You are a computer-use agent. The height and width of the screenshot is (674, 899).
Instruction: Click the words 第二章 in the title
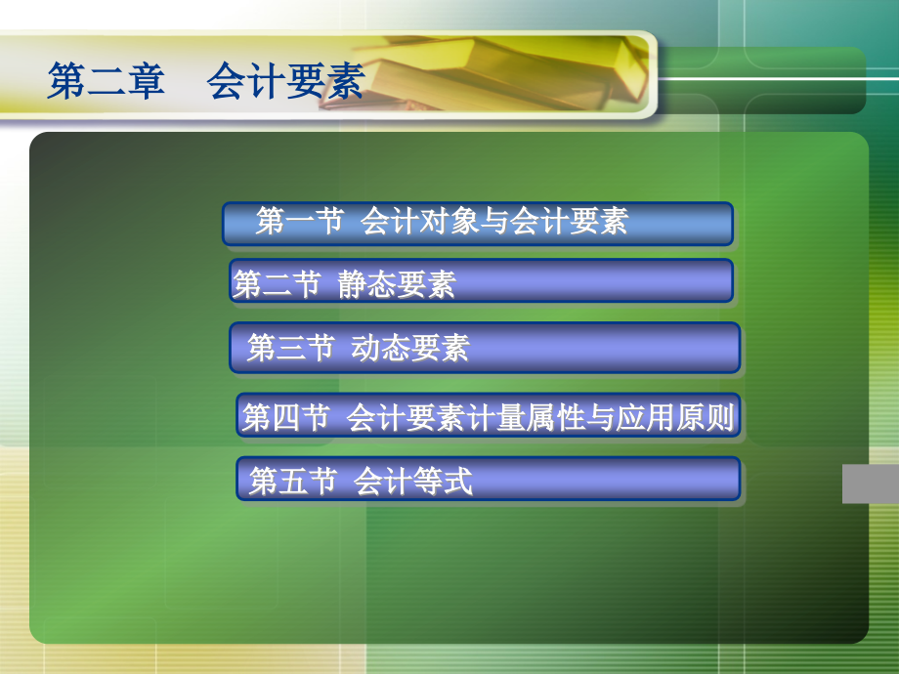pos(107,81)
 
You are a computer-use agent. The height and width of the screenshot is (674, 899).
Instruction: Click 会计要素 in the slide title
pos(284,81)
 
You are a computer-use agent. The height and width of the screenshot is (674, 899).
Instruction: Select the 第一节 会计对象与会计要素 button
pos(477,223)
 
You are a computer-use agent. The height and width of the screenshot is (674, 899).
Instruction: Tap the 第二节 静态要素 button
pos(481,281)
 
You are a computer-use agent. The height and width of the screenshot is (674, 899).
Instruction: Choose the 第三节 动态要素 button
pos(485,347)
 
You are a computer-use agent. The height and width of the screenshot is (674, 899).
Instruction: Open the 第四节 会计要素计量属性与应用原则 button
pos(488,417)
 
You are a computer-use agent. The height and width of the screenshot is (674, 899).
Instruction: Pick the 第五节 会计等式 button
pos(488,480)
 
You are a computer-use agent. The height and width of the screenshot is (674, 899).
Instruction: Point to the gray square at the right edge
pos(870,484)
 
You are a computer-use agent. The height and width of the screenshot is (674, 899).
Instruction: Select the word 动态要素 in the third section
pos(410,348)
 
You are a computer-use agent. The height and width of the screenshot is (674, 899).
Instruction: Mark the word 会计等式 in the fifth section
pos(413,481)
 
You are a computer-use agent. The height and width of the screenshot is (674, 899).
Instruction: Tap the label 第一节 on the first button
pos(299,222)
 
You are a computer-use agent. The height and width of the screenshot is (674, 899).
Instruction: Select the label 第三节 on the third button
pos(290,348)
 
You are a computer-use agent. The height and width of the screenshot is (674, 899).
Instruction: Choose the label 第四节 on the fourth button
pos(285,417)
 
